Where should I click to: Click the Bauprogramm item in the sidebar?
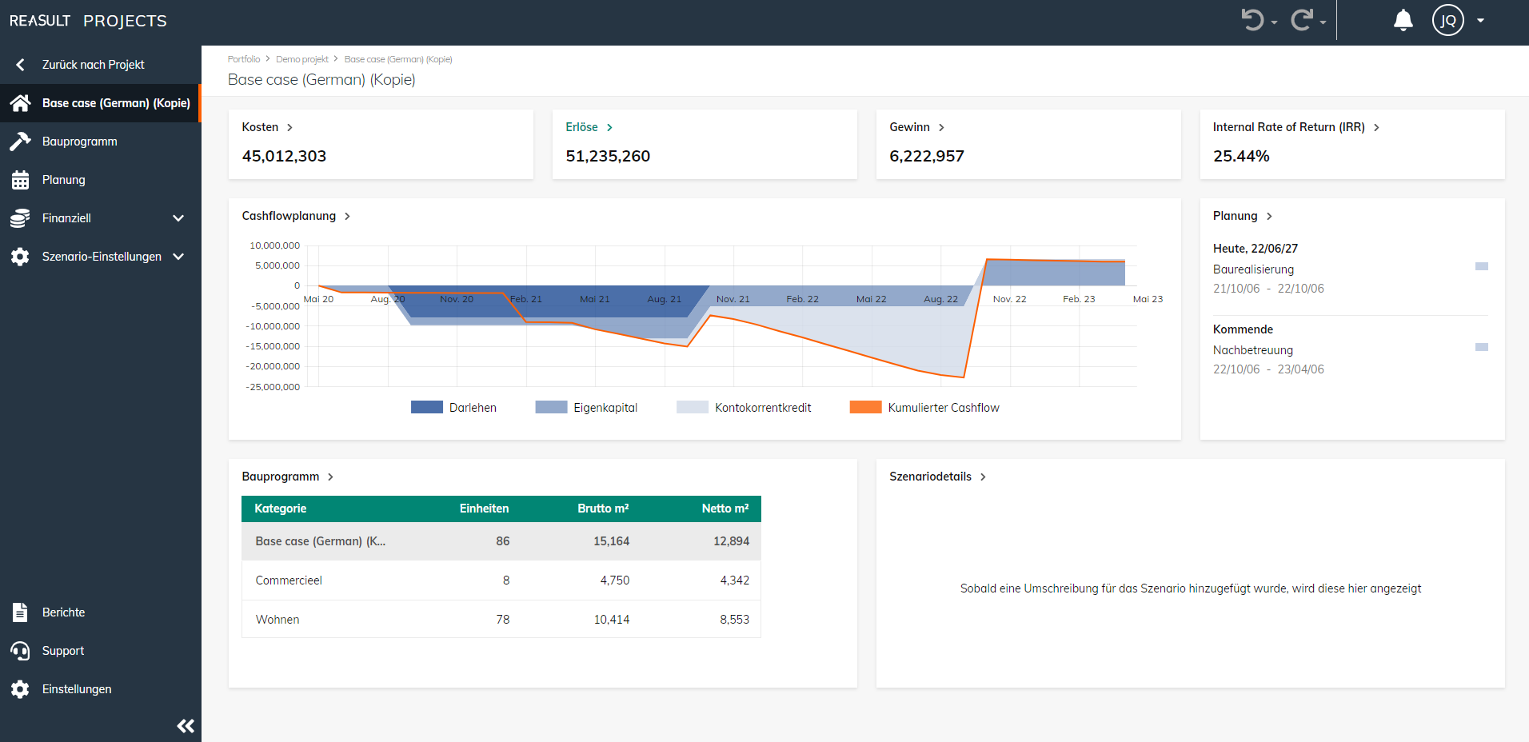pos(79,142)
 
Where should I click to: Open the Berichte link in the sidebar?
pos(63,612)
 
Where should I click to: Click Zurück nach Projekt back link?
pos(93,65)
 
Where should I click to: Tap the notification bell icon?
pos(1403,21)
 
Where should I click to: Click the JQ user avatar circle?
pos(1447,21)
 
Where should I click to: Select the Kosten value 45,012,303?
pos(284,156)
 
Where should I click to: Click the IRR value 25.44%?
pos(1241,156)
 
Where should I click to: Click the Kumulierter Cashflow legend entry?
pos(942,408)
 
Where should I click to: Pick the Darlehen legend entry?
pos(472,408)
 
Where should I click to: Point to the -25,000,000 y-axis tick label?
pos(273,387)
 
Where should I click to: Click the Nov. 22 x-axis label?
pos(1009,299)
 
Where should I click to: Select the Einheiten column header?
pos(484,509)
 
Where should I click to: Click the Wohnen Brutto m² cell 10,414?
pos(611,620)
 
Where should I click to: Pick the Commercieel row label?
pos(289,580)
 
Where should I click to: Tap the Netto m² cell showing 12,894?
pos(731,541)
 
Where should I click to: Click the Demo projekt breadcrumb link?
pos(302,59)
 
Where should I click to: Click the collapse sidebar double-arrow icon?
pos(186,726)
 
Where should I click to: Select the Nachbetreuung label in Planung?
pos(1252,350)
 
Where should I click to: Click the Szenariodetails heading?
pos(930,477)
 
